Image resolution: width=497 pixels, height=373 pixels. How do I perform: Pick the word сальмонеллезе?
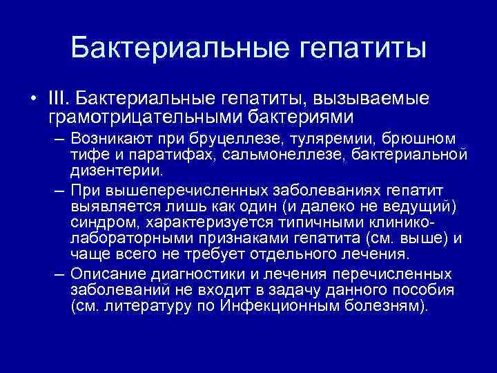pos(275,154)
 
